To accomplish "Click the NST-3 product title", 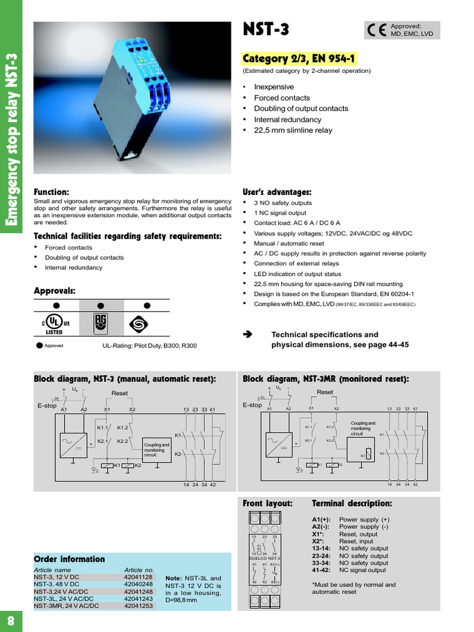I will click(266, 29).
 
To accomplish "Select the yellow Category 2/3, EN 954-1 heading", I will click(300, 59).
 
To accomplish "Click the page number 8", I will click(10, 619).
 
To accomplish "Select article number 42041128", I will click(138, 577).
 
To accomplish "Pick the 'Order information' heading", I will click(69, 559).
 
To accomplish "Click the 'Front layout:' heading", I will click(268, 504).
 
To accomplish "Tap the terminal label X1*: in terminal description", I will click(320, 534).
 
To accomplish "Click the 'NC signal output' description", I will click(363, 570).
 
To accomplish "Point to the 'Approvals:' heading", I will click(54, 290).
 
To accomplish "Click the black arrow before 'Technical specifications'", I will click(248, 335).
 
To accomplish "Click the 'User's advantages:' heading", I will click(277, 192).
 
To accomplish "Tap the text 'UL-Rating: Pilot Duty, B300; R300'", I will click(149, 346).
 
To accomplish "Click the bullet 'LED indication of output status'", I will click(297, 273).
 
